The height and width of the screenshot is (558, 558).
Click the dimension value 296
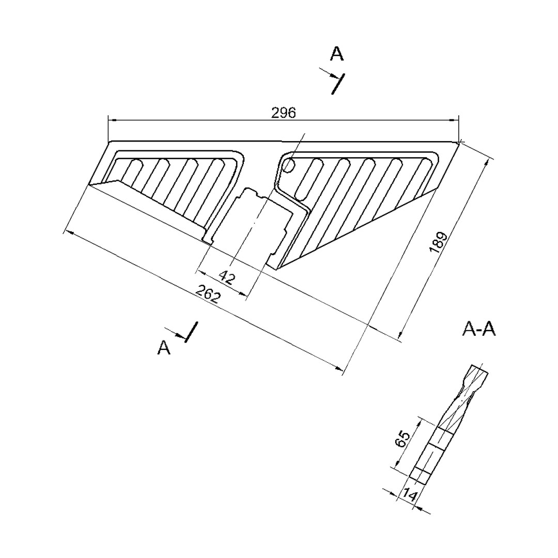[x=283, y=113]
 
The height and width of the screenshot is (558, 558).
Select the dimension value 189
[x=438, y=242]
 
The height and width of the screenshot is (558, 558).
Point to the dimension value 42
[x=227, y=277]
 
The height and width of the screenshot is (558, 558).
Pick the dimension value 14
[x=410, y=494]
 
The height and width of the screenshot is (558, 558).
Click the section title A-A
[x=478, y=330]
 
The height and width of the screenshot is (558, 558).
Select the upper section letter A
[x=337, y=54]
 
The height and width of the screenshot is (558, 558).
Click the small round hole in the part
[x=289, y=165]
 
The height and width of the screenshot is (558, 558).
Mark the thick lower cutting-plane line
[x=191, y=332]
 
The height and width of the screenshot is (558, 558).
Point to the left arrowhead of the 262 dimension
[x=68, y=233]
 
